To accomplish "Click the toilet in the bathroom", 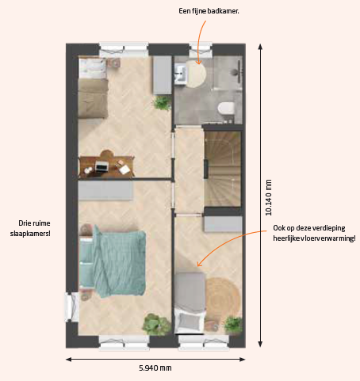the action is click(x=226, y=109).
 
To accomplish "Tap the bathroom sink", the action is click(x=181, y=74).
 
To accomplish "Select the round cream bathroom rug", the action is click(x=196, y=74).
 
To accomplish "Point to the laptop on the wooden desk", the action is click(x=101, y=166).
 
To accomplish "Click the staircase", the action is click(x=223, y=169).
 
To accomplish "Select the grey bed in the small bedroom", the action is click(x=190, y=303).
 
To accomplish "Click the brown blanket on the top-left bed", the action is click(x=93, y=98).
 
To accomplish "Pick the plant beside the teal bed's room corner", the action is click(x=156, y=325).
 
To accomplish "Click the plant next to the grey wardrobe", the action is click(x=162, y=103).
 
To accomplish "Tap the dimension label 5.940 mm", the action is click(x=155, y=368).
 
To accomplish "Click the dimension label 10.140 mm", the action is click(x=269, y=197).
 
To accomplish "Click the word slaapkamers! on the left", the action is click(x=30, y=234).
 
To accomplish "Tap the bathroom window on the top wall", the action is click(x=201, y=49).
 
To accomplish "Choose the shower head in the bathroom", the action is click(x=235, y=71).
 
